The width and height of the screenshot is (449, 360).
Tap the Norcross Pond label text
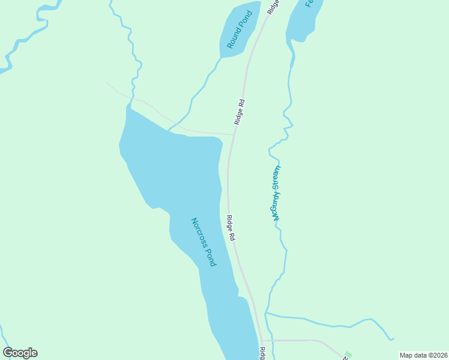(203, 242)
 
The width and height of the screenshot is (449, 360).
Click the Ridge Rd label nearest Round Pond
(240, 112)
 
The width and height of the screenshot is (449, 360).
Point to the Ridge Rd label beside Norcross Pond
(230, 229)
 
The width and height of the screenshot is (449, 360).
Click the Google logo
(20, 353)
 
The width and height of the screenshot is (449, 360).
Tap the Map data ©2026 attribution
(423, 355)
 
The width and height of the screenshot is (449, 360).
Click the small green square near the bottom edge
(348, 355)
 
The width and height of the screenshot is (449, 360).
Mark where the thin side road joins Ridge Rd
(234, 134)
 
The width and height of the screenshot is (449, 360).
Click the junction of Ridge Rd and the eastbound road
(263, 341)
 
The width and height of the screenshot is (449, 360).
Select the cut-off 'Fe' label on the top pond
(310, 3)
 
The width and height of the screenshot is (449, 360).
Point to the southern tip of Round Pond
(221, 58)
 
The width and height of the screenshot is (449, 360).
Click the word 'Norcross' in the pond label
(199, 231)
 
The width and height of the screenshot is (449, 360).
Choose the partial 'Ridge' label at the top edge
(273, 7)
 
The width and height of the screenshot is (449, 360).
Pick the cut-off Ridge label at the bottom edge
(262, 353)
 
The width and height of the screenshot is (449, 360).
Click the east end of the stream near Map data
(394, 340)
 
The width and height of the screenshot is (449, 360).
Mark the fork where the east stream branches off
(266, 313)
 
